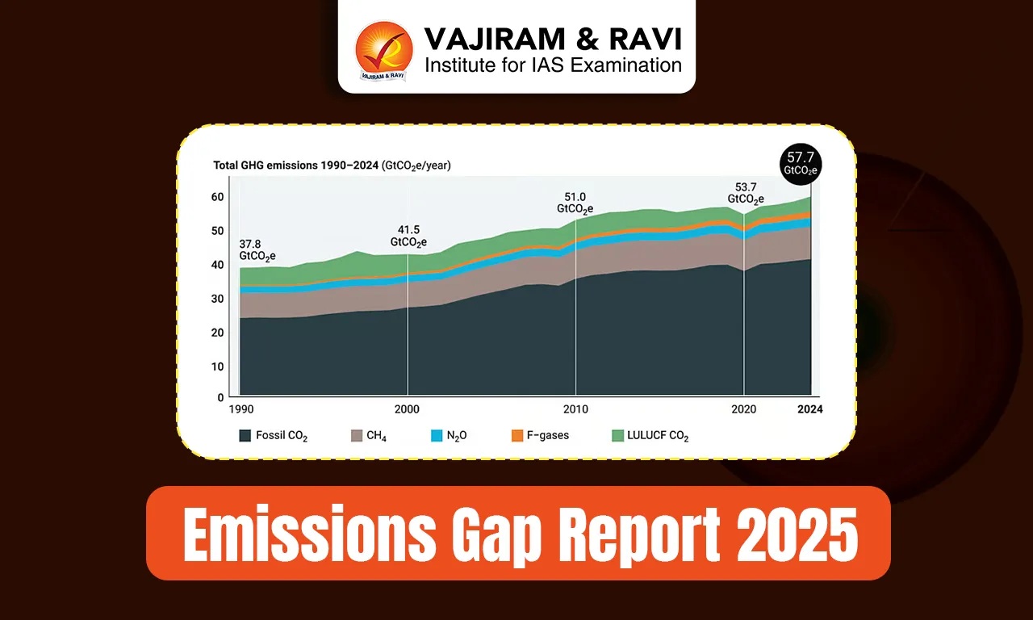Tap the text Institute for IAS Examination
click(x=553, y=65)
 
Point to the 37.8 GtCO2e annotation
click(x=257, y=249)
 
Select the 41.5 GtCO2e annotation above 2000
click(x=408, y=236)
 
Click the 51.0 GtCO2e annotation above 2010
click(x=575, y=203)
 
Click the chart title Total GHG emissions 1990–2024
click(x=331, y=165)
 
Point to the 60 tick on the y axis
click(x=217, y=197)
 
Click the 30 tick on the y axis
click(x=217, y=299)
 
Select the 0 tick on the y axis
click(x=220, y=398)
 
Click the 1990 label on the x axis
click(x=240, y=410)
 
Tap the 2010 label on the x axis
click(x=575, y=410)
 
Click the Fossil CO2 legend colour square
click(x=245, y=436)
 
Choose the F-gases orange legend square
click(x=517, y=436)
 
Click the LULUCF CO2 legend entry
click(x=650, y=436)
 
